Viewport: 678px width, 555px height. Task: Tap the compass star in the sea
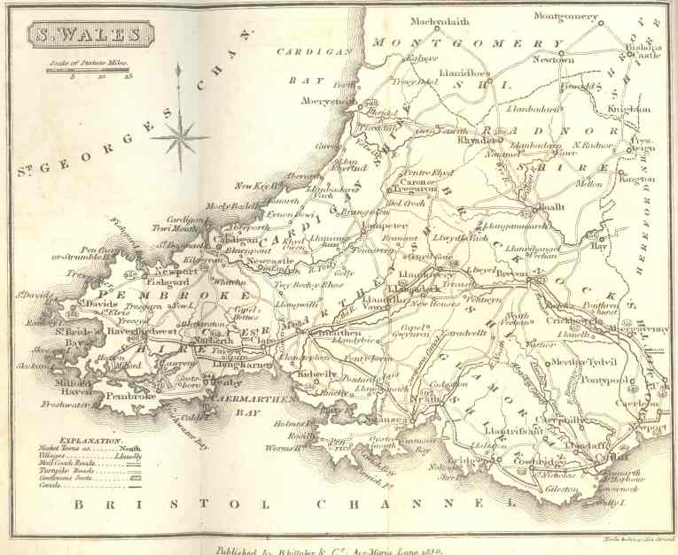[180, 134]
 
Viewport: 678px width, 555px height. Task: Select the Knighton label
[630, 109]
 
